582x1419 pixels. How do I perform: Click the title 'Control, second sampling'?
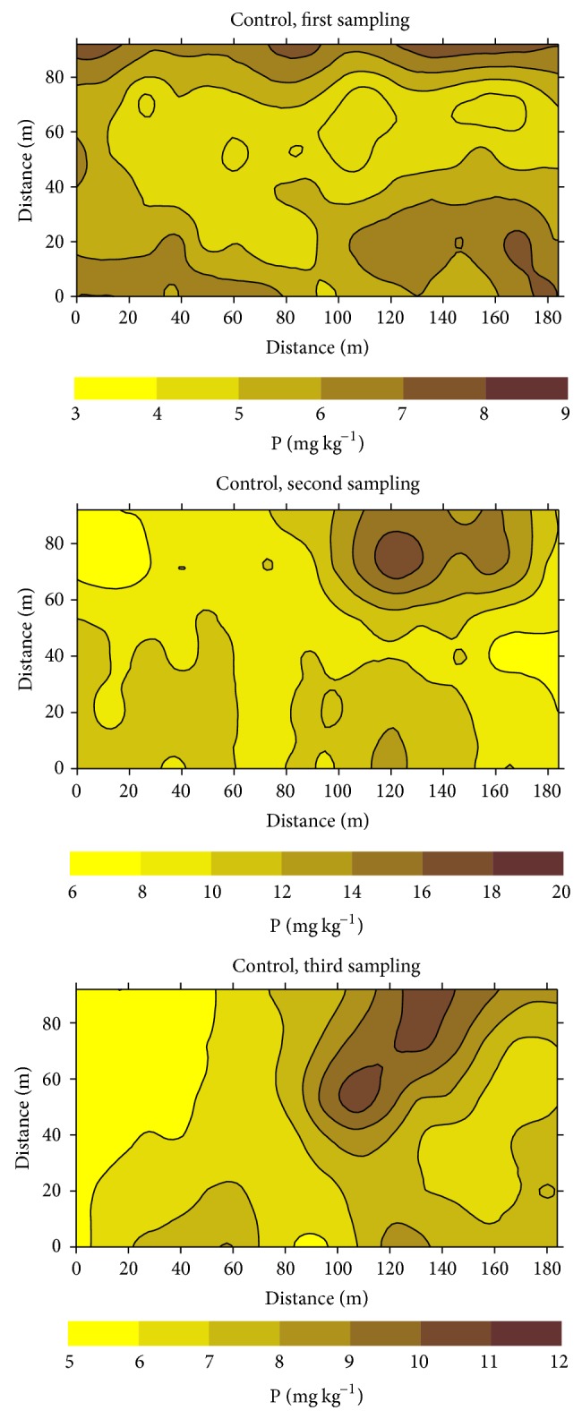(x=317, y=484)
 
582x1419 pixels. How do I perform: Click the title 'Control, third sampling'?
(x=317, y=966)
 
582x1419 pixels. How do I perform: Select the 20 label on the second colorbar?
(x=562, y=893)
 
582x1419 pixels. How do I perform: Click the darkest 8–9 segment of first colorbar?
(x=526, y=388)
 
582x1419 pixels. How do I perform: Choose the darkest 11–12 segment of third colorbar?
(x=526, y=1332)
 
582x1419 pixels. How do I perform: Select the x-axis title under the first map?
(x=317, y=346)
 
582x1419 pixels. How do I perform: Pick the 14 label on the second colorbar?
(x=352, y=893)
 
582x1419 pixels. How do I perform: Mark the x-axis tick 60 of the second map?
(x=234, y=788)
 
